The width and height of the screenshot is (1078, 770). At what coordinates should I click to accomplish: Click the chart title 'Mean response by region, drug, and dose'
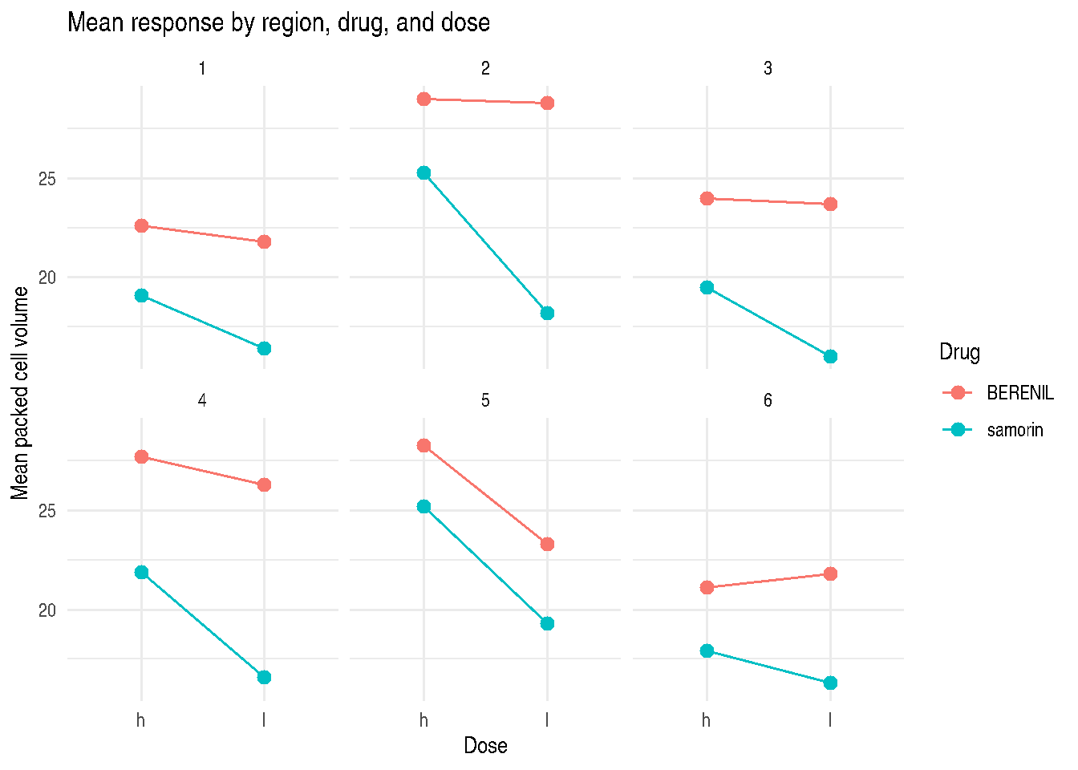(x=278, y=22)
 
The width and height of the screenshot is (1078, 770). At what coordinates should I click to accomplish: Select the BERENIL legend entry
(x=998, y=393)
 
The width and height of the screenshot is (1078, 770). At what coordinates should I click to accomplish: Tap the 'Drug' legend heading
(x=959, y=352)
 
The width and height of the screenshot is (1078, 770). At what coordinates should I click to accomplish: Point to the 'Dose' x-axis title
(x=485, y=745)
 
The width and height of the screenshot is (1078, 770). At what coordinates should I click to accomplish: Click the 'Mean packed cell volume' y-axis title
(x=19, y=393)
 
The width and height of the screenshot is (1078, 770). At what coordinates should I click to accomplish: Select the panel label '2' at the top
(x=485, y=68)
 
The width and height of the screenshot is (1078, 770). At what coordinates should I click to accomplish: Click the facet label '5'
(x=485, y=400)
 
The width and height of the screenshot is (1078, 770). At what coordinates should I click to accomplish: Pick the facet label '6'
(x=768, y=400)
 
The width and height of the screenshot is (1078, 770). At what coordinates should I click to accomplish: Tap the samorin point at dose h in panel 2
(x=423, y=172)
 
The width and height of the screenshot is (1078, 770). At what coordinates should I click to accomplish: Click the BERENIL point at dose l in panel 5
(x=547, y=545)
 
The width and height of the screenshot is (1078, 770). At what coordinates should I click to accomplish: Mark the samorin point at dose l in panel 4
(x=264, y=677)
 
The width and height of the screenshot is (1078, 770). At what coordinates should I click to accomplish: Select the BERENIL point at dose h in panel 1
(x=141, y=225)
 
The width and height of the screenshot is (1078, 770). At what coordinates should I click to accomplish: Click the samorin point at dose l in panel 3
(x=830, y=357)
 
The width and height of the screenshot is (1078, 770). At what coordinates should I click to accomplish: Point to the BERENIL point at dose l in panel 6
(x=830, y=573)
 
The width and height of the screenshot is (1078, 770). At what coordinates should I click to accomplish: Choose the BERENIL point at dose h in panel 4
(x=141, y=456)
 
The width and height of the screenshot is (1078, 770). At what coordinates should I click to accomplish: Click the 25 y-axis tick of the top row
(x=47, y=179)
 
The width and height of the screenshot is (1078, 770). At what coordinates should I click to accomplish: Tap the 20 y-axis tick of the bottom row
(x=47, y=610)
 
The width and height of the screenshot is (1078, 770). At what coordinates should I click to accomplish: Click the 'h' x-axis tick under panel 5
(x=423, y=720)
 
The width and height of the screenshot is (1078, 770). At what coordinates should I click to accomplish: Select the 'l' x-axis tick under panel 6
(x=830, y=720)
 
